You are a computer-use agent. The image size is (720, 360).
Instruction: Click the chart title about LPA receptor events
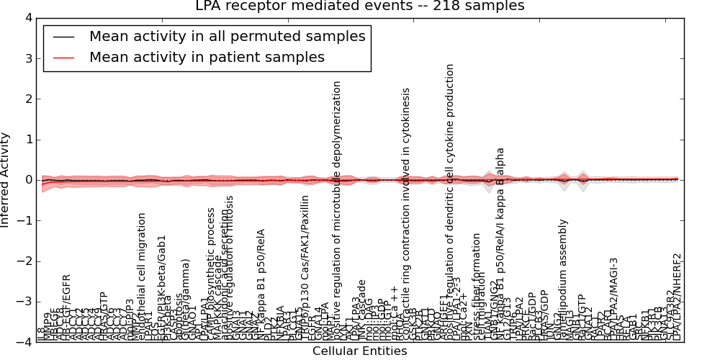coord(360,6)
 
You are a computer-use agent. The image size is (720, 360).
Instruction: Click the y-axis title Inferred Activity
coord(6,180)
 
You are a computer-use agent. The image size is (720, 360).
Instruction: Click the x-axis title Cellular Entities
coord(359,351)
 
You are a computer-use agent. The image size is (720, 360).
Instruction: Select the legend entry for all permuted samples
coord(227,36)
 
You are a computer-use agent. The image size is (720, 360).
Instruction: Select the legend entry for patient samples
coord(207,58)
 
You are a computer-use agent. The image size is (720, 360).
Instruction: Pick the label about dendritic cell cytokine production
coord(450,194)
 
